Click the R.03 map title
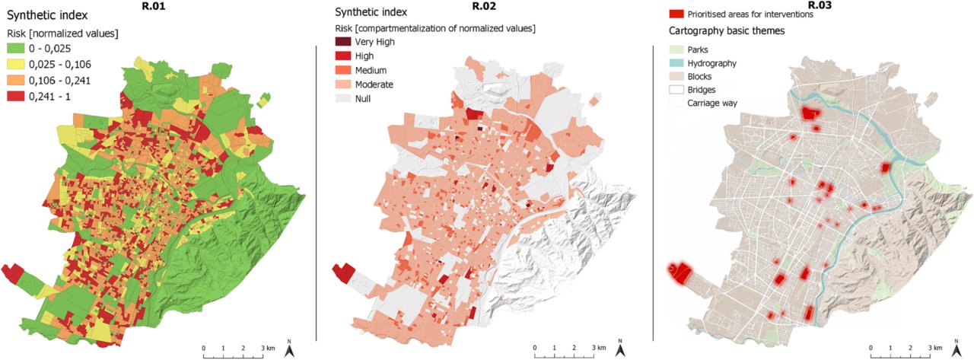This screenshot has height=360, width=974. click(819, 6)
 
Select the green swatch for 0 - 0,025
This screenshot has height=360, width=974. click(17, 48)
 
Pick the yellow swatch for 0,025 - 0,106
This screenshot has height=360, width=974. click(17, 64)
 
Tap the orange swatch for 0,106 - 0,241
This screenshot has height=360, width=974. click(17, 80)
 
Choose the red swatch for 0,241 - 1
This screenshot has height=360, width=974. click(17, 96)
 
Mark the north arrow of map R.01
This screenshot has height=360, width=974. click(289, 349)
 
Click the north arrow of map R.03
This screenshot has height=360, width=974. click(954, 349)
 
